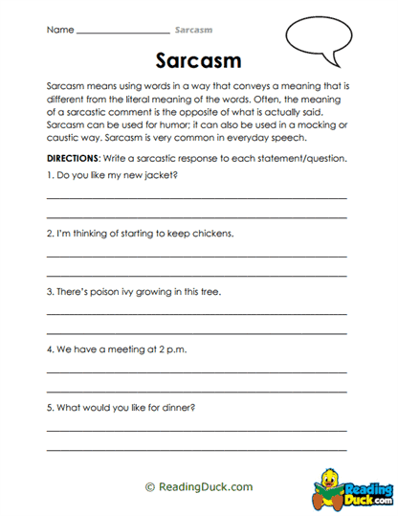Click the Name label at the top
[59, 30]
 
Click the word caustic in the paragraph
[64, 137]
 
